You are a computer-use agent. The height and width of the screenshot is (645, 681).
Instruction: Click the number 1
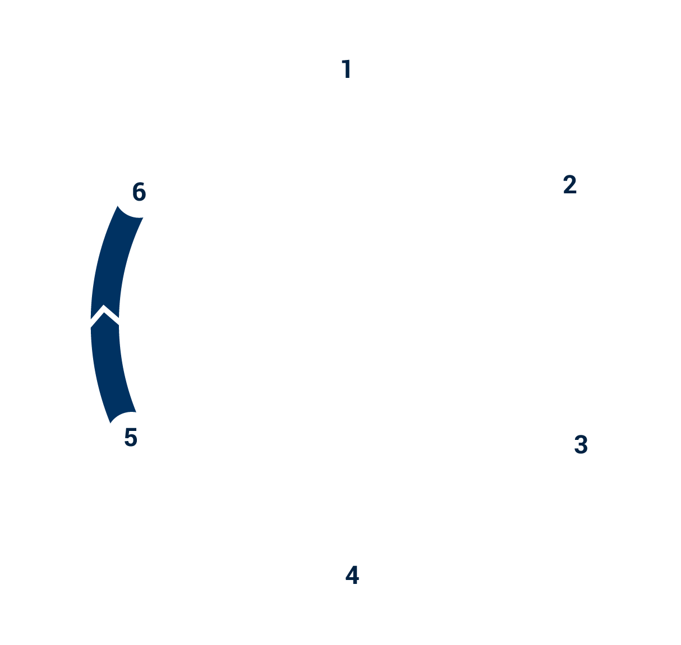pos(347,69)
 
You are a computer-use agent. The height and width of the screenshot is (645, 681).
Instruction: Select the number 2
pos(569,185)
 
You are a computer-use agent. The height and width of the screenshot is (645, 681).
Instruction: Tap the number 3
pos(581,445)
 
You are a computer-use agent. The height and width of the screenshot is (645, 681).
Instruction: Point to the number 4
pos(352,576)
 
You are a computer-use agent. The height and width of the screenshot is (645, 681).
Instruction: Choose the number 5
pos(131,438)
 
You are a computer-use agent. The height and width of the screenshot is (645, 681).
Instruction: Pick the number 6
pos(139,192)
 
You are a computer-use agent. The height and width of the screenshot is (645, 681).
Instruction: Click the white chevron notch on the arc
pos(105,315)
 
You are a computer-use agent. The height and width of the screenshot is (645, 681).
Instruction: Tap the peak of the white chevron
pos(104,308)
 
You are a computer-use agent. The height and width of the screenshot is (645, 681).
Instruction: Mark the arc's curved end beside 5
pos(123,416)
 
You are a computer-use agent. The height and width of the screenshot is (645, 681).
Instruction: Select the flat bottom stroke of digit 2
pos(570,192)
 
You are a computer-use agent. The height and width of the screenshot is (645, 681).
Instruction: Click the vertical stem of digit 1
pos(348,69)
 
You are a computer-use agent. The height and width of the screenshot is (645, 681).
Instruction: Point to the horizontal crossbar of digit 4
pos(352,579)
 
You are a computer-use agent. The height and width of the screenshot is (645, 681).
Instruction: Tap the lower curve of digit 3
pos(582,450)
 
